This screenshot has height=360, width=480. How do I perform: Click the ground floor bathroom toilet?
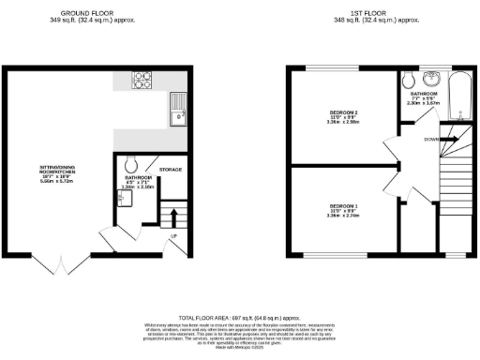pos(130,162)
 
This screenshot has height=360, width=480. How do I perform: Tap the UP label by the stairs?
pos(173,235)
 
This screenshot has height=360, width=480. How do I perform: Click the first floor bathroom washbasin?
pos(431,78)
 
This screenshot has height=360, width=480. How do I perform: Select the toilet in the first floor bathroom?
pos(406,79)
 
